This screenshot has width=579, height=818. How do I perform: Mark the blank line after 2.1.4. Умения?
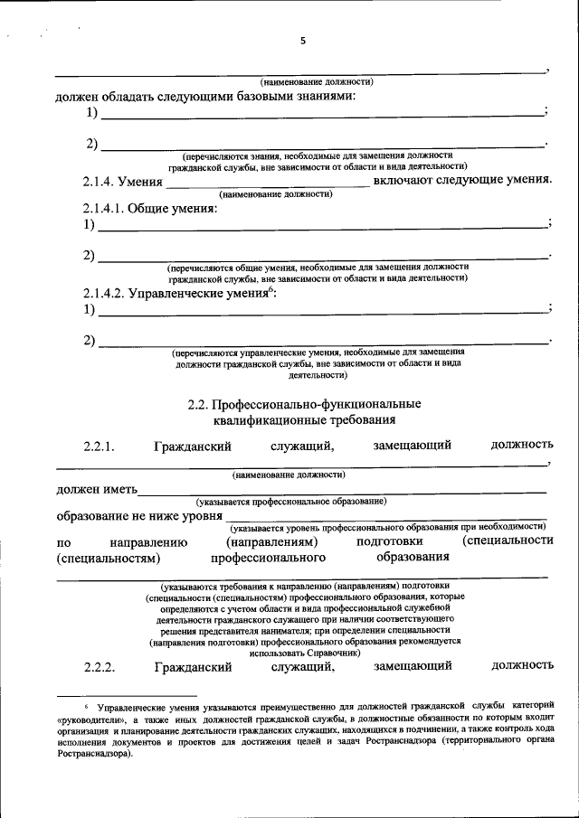(x=269, y=185)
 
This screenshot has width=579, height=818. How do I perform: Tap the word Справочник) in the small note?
(x=330, y=652)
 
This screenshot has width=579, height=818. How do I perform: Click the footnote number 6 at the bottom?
(x=87, y=702)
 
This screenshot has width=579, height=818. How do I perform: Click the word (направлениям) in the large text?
(x=271, y=541)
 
